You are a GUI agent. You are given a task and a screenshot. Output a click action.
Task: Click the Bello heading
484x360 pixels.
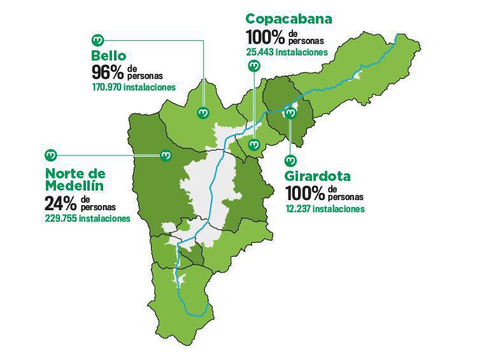pos(109,55)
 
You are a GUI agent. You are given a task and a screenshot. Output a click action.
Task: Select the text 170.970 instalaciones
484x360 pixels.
pos(133,87)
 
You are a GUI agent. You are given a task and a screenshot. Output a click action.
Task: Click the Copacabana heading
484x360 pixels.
pos(288,19)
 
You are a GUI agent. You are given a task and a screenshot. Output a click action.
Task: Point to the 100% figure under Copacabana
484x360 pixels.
pos(265,36)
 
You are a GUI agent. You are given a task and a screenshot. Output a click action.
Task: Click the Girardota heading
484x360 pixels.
pos(318,176)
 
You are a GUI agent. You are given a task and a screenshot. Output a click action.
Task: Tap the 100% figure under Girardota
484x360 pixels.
pos(305,192)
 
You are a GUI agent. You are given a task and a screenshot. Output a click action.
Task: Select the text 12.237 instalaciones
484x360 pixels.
pos(325,208)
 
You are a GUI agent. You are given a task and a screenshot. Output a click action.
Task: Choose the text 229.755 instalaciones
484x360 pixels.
pos(87,218)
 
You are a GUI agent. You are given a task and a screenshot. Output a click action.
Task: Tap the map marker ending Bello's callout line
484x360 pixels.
pos(204,113)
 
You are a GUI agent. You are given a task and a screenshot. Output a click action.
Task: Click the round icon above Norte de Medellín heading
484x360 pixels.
pos(51,155)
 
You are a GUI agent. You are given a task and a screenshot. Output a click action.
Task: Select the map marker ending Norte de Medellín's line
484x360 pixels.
pos(166,155)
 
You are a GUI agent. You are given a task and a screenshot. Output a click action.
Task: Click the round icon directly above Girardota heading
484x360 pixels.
pos(291,160)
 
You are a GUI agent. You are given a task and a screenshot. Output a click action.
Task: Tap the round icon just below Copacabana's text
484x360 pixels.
pos(254,66)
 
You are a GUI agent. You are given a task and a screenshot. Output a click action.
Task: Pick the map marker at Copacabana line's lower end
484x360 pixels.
pos(254,145)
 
